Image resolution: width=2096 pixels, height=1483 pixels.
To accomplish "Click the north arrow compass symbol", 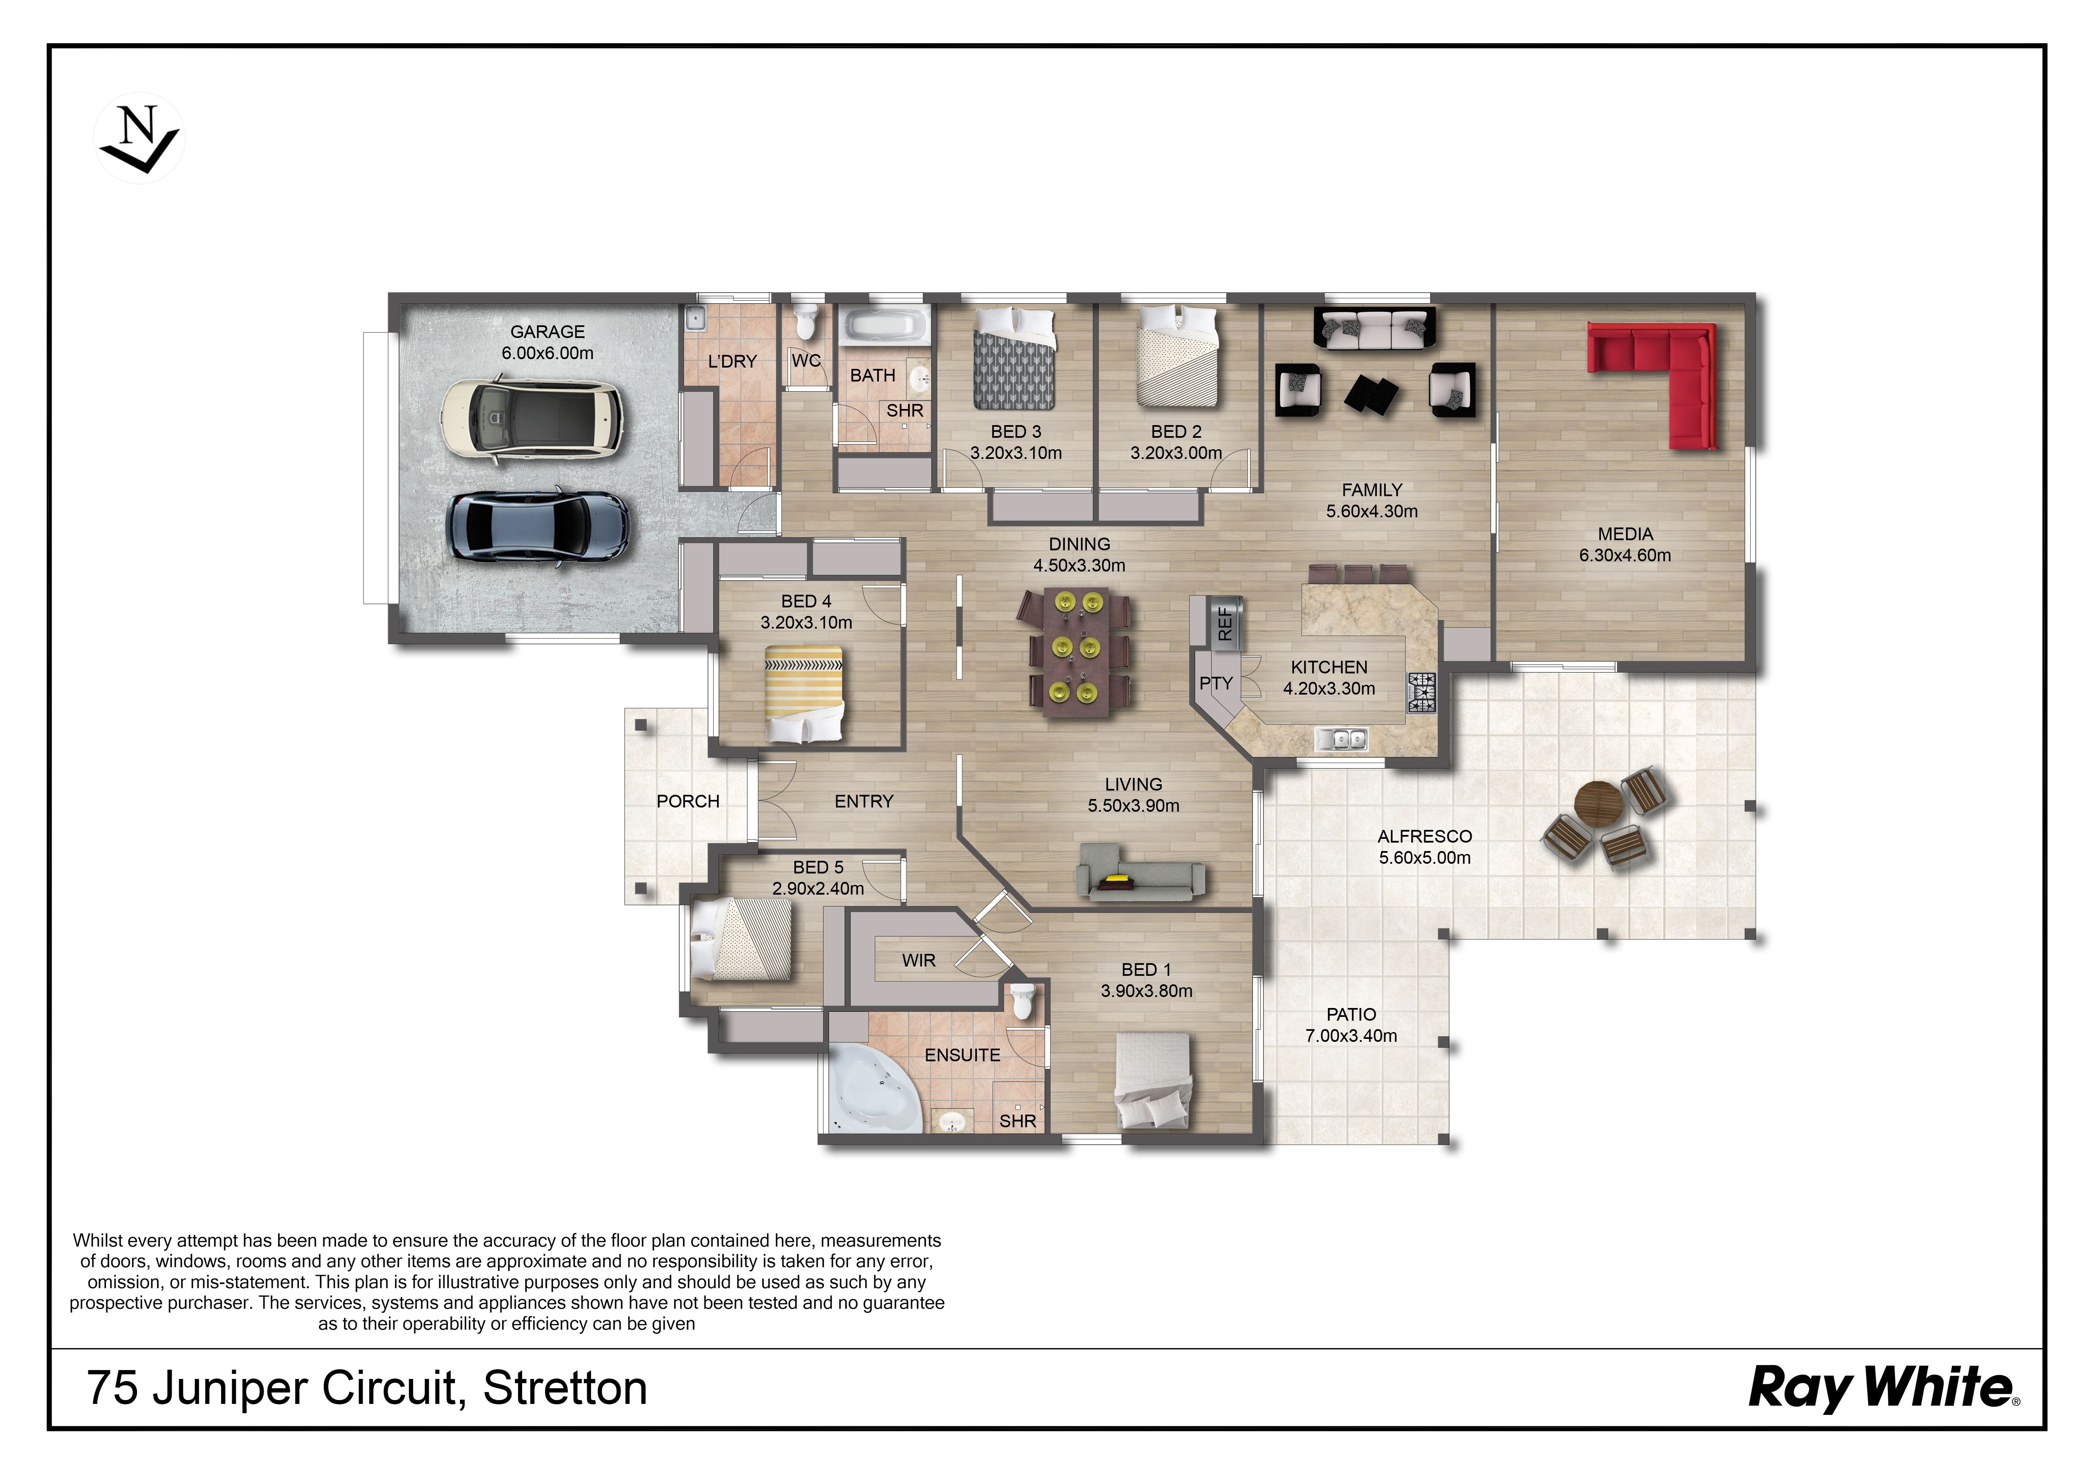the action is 140,138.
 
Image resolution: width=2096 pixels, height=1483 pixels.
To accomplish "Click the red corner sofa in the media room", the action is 1651,384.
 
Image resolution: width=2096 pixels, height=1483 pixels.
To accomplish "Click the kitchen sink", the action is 1341,738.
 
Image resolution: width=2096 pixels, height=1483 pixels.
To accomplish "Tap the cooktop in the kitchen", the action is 1421,692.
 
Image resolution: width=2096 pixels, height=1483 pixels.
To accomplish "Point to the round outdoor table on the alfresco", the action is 1598,804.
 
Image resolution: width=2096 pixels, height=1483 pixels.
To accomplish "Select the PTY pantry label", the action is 1216,683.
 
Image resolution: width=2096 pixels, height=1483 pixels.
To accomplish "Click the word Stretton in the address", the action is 565,1388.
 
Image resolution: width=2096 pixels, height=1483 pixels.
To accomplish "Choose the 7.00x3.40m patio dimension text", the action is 1351,1035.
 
